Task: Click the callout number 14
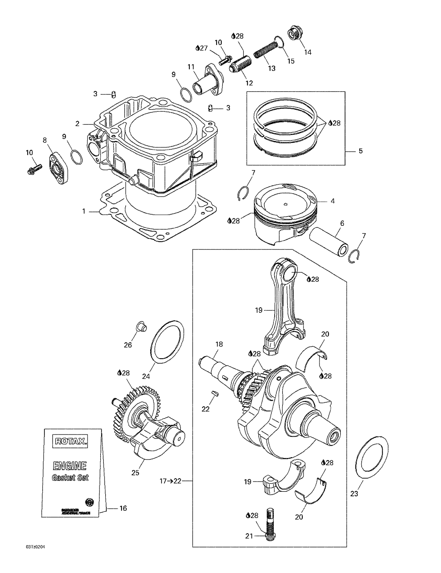pos(308,52)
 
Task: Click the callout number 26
pos(128,345)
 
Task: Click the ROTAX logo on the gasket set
pos(70,441)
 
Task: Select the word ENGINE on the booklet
pos(70,466)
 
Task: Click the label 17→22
pos(171,481)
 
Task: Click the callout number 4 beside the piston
pos(333,201)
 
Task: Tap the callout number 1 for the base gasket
pos(84,211)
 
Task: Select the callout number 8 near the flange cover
pos(45,140)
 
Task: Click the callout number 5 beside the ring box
pos(361,151)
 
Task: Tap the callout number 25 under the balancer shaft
pos(135,473)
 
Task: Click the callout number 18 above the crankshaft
pos(219,344)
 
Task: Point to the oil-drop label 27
pos(202,48)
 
